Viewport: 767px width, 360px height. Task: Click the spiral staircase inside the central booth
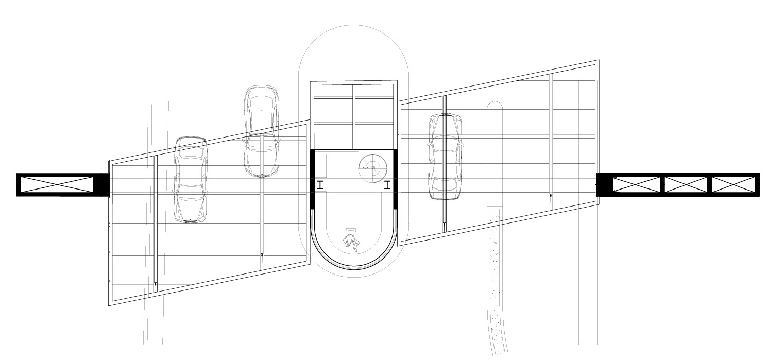tap(372, 168)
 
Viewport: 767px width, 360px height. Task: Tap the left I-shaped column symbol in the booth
tap(320, 185)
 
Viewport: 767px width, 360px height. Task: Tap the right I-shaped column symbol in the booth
tap(387, 185)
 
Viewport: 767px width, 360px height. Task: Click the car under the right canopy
tap(445, 157)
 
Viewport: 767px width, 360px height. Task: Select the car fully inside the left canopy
tap(191, 179)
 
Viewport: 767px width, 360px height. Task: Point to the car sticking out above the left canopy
tap(262, 131)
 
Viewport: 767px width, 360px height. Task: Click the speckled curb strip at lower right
tap(495, 273)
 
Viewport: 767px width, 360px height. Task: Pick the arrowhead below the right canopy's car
tap(444, 225)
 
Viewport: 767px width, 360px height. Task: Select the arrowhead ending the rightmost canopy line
tap(551, 196)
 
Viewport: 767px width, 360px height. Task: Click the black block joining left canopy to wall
tap(103, 184)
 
